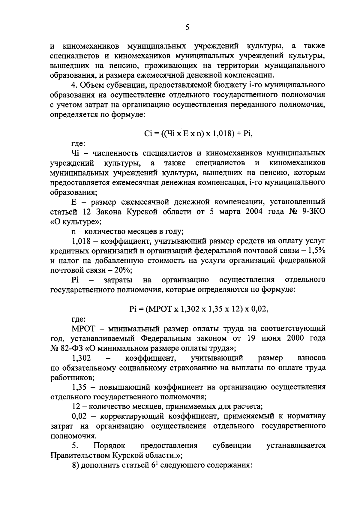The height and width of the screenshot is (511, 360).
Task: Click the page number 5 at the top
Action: coord(187,28)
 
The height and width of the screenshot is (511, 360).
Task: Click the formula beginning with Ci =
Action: coord(199,134)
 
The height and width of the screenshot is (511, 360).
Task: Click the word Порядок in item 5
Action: coord(110,446)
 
